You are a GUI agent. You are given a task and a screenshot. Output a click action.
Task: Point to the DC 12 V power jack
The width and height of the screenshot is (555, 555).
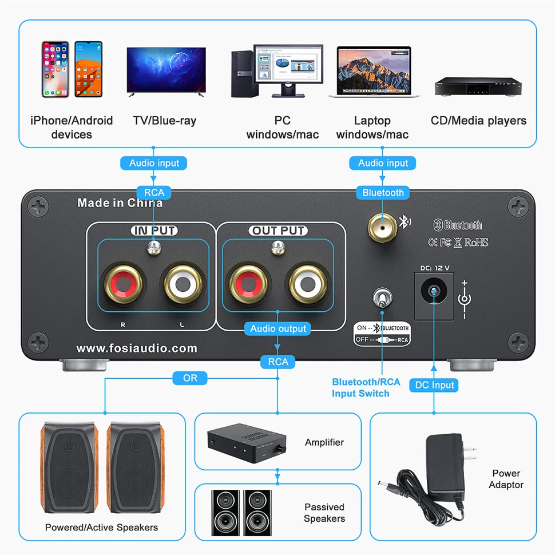433,292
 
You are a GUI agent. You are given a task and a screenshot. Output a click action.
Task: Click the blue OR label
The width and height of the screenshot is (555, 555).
190,378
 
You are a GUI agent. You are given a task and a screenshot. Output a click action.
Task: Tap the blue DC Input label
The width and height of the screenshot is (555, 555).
434,385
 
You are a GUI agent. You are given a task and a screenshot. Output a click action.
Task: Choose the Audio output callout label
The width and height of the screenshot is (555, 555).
278,328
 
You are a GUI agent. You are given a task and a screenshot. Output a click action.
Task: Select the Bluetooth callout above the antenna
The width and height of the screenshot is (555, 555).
383,193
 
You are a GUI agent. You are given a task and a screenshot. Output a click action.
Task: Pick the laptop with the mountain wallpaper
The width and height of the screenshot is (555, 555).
374,72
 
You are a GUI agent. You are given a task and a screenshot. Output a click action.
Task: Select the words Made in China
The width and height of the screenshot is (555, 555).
120,203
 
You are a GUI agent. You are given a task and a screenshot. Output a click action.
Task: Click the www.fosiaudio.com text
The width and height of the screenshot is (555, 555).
137,348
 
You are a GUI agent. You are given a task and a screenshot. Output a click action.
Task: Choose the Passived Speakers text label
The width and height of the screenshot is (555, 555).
324,513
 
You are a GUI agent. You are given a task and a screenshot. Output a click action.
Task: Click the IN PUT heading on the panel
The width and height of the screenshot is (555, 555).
154,231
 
